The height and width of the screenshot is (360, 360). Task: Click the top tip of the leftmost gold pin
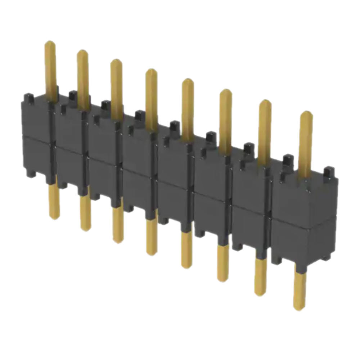(50, 43)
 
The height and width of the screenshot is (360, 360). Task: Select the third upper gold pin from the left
(116, 86)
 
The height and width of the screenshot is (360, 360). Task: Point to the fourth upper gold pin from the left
(151, 97)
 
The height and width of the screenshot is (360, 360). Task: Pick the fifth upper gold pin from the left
(188, 108)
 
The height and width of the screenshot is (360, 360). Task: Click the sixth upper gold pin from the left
(225, 119)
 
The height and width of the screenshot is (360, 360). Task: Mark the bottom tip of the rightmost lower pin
(299, 308)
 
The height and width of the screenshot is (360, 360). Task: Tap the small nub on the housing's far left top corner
(28, 97)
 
